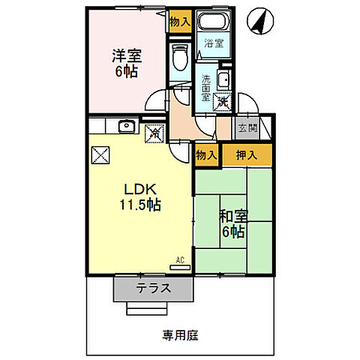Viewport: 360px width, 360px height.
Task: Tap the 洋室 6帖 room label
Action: [x=127, y=64]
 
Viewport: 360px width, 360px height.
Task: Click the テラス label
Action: [x=153, y=288]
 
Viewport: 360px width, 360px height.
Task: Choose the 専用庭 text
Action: [x=181, y=335]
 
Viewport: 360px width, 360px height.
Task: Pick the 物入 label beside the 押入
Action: [x=206, y=155]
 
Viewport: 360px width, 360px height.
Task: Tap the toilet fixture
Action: [x=178, y=56]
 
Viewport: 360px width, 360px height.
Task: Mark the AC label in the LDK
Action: [x=180, y=260]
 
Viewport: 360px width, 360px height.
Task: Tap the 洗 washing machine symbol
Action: [x=222, y=103]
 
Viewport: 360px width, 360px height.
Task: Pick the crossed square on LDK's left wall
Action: [x=100, y=155]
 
